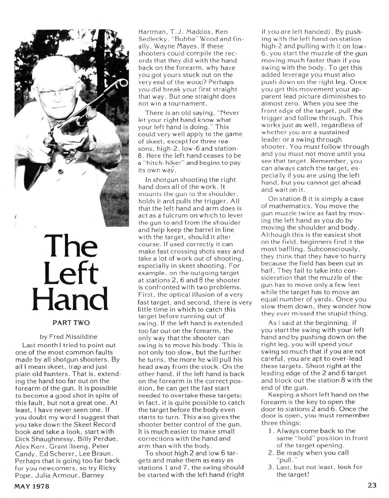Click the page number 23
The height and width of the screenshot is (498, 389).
pos(372,486)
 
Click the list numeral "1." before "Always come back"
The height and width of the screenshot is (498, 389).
pos(271,431)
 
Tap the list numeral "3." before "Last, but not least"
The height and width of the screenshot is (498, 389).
pos(271,467)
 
